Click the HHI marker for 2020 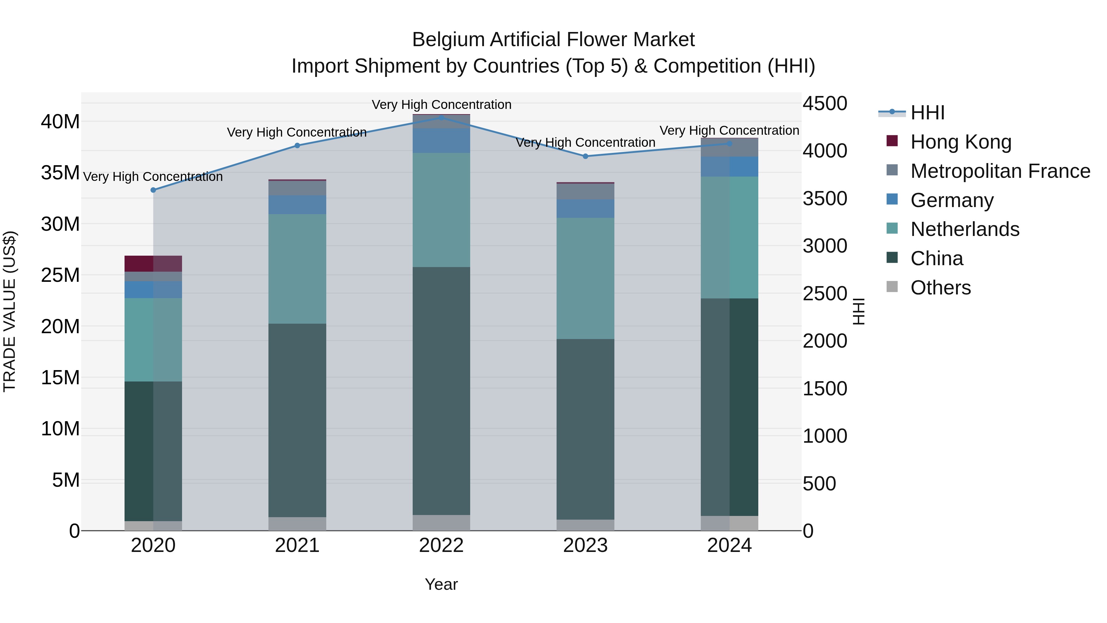[153, 190]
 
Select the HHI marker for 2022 [441, 118]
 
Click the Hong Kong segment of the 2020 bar [153, 264]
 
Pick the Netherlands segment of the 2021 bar [297, 269]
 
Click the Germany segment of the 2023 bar [585, 209]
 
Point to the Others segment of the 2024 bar [729, 523]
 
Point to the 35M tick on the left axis [60, 173]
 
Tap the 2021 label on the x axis [297, 545]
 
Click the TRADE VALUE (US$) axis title [10, 311]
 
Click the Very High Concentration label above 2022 [441, 105]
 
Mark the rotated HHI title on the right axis [859, 311]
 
